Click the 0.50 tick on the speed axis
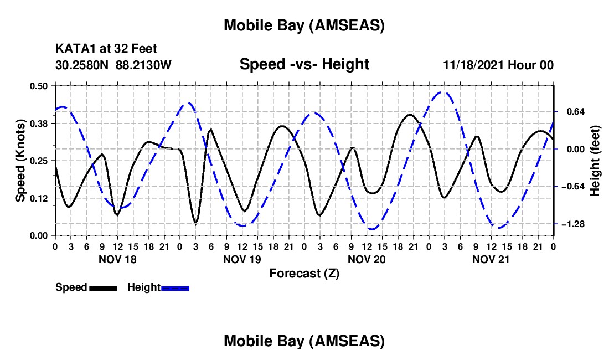39,86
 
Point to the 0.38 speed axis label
39,123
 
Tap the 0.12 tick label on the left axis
39,198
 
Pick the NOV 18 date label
117,259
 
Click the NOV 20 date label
367,259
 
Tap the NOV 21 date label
491,259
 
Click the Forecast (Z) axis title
304,273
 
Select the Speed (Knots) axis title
20,161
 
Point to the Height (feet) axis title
596,161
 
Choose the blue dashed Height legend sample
175,287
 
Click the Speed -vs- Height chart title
304,65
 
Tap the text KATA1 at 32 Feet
110,49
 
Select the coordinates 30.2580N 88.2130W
113,65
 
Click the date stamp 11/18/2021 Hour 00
498,65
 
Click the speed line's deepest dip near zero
195,223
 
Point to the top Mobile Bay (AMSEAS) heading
304,25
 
